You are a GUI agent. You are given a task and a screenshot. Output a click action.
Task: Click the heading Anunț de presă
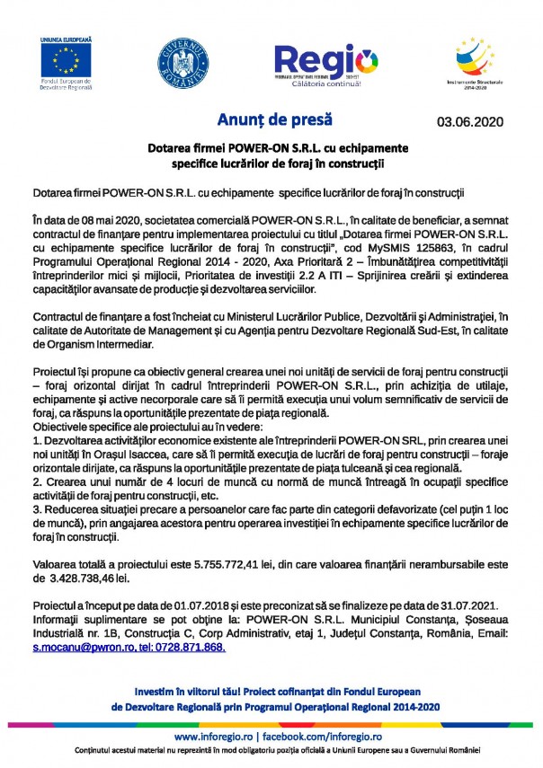tap(275, 119)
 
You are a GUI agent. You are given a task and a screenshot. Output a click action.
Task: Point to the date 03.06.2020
tap(470, 121)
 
